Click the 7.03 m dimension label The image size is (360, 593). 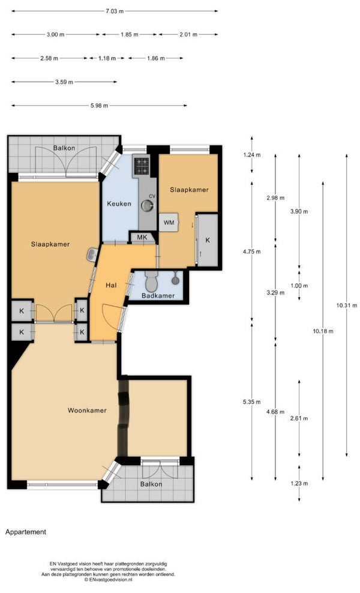[115, 11]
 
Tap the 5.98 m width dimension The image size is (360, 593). [99, 106]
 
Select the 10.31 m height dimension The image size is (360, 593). [346, 305]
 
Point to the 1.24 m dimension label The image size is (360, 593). [252, 155]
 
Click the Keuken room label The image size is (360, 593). [119, 203]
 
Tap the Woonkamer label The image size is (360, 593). [87, 411]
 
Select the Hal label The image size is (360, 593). [111, 285]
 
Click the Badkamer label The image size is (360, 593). [158, 295]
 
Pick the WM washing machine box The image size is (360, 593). [169, 222]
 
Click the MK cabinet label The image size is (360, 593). [142, 238]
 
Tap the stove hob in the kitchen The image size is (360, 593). [142, 166]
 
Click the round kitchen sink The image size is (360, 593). [148, 205]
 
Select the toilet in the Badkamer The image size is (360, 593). [152, 280]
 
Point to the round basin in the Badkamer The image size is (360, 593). [175, 280]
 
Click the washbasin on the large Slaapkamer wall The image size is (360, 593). [92, 255]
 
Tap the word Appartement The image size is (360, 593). [26, 532]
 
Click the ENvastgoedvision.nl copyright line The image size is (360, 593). [108, 579]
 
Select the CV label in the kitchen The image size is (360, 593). [152, 196]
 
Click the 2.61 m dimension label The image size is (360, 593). [299, 418]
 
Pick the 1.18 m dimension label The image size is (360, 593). [107, 58]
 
